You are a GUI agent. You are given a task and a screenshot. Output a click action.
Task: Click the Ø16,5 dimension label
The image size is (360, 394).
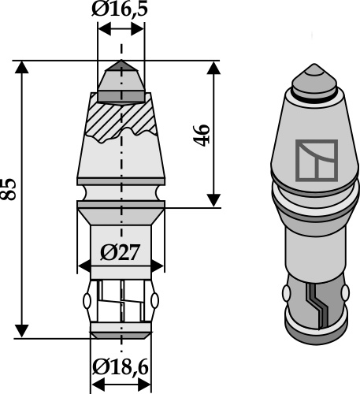pos(121,12)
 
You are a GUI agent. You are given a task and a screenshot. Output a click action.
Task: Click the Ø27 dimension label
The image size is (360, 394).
pos(121,254)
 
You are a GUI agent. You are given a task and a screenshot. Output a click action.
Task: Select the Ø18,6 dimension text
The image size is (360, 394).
pos(121,367)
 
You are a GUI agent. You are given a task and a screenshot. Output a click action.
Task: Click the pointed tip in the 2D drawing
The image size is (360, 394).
pos(121,68)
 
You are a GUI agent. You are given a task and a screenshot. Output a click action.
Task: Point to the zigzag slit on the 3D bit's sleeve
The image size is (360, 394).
pos(317,303)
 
